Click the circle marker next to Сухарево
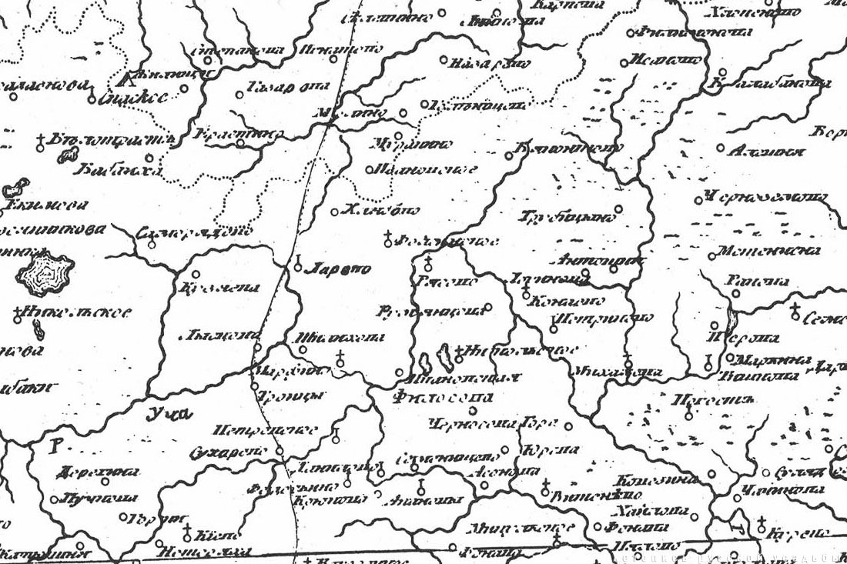[280, 452]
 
